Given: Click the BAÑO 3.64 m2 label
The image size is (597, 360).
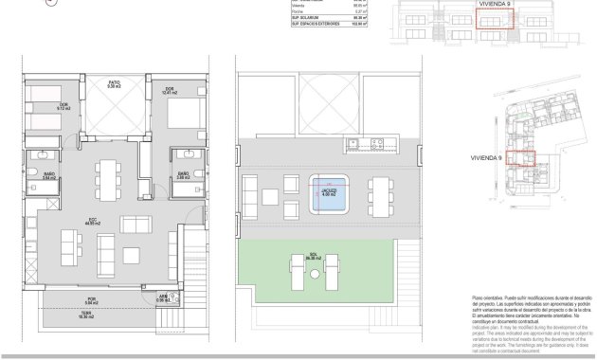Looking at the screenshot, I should click(49, 174).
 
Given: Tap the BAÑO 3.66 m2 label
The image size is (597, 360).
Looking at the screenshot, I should click(183, 174).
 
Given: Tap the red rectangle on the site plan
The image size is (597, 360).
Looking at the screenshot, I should click(521, 159).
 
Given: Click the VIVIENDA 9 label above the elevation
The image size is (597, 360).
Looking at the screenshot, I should click(496, 3).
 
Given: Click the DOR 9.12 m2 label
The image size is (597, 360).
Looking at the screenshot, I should click(64, 106).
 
